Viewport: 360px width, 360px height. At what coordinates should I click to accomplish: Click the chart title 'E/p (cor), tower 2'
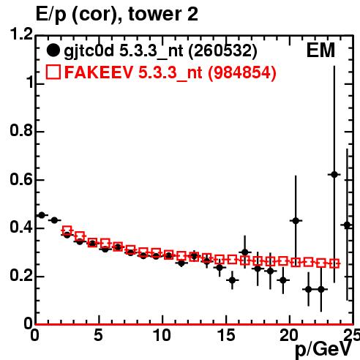(117, 14)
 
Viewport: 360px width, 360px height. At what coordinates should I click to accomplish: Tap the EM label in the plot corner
(320, 50)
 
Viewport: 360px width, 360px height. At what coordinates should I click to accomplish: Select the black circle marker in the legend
(53, 50)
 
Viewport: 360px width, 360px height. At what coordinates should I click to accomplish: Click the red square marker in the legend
(53, 72)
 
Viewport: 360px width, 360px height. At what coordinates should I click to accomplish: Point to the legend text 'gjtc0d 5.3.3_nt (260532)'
(160, 51)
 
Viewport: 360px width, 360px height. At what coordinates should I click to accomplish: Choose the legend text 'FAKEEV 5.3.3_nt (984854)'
(170, 72)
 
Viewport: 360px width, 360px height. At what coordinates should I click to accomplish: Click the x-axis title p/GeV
(323, 349)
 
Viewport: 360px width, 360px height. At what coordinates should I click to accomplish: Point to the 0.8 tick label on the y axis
(21, 130)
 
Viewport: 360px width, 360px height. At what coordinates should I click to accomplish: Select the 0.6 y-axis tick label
(21, 179)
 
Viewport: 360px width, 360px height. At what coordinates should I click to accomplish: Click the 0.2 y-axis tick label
(21, 276)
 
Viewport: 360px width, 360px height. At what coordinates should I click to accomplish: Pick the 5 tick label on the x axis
(98, 335)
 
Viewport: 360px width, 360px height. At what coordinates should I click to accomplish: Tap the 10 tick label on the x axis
(162, 335)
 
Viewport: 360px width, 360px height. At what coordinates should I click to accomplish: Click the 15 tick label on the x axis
(226, 335)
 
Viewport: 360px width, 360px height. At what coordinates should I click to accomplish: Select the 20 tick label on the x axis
(289, 335)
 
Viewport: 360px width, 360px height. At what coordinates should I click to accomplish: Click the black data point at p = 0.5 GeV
(42, 215)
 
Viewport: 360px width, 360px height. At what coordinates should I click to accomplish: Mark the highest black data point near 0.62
(334, 175)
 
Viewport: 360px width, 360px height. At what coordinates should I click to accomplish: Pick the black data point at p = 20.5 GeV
(296, 221)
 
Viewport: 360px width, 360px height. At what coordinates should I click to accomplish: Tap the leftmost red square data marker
(67, 230)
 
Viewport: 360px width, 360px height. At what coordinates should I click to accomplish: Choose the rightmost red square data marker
(334, 263)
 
